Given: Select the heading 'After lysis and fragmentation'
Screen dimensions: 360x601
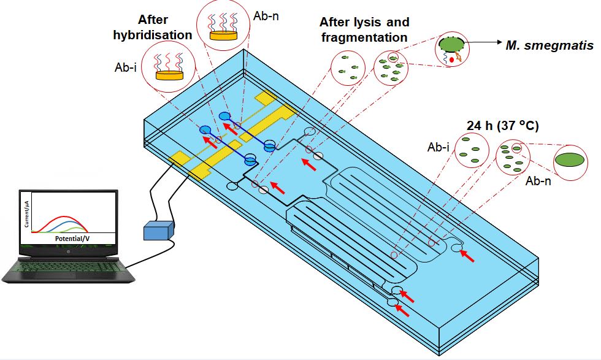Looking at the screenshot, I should click(364, 29).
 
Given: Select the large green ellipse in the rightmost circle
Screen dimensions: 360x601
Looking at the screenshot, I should click(571, 159).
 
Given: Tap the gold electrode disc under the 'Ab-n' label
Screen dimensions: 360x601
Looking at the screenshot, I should click(223, 35).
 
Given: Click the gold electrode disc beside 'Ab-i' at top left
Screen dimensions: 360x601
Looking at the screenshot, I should click(170, 75).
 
